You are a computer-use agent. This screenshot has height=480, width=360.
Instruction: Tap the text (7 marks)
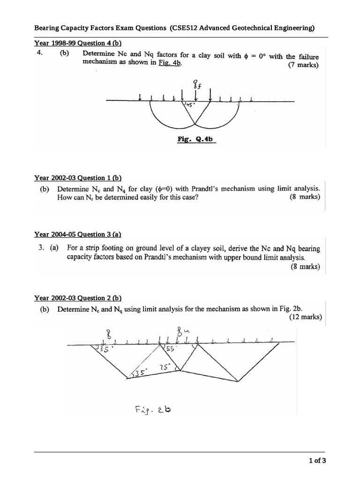pyautogui.click(x=303, y=65)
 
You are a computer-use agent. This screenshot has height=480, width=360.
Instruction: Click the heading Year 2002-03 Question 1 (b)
pyautogui.click(x=78, y=178)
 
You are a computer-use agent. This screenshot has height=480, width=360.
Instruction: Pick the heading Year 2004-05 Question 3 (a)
pyautogui.click(x=78, y=234)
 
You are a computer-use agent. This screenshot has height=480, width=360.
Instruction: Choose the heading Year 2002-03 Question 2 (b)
pyautogui.click(x=78, y=298)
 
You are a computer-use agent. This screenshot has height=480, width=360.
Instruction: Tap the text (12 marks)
pyautogui.click(x=303, y=317)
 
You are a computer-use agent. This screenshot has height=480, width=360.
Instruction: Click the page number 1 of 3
pyautogui.click(x=317, y=460)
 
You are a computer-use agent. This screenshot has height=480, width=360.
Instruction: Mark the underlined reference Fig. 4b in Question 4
pyautogui.click(x=170, y=66)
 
